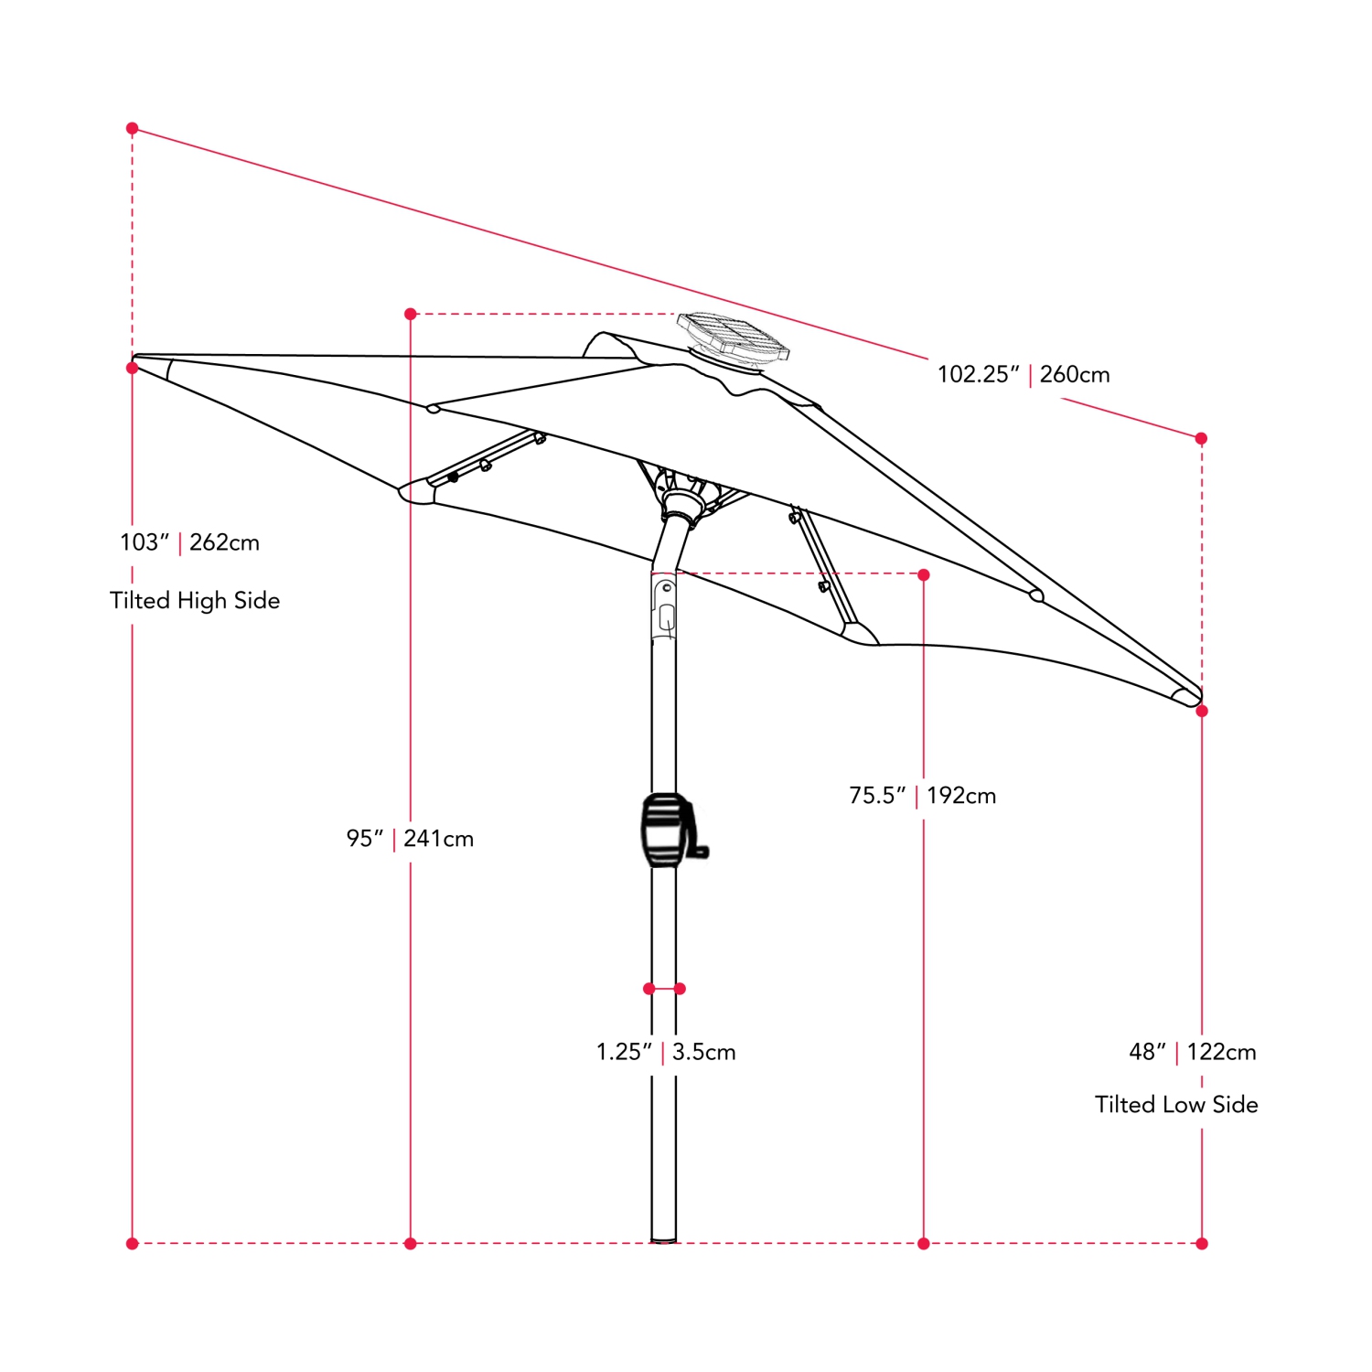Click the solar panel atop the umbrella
click(x=733, y=337)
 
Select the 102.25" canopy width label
click(x=978, y=374)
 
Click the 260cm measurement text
click(x=1075, y=374)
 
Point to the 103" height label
click(x=145, y=542)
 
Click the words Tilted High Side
click(x=195, y=600)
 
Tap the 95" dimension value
click(x=364, y=838)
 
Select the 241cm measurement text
click(x=439, y=838)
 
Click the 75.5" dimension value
click(x=876, y=795)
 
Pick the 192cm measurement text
click(x=961, y=795)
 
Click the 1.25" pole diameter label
click(x=624, y=1052)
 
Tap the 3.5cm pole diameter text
click(x=704, y=1052)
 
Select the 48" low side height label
click(x=1148, y=1052)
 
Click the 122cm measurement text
click(x=1222, y=1052)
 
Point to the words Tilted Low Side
click(x=1176, y=1105)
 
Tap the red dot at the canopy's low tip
click(x=1202, y=711)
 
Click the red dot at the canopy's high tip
click(x=133, y=368)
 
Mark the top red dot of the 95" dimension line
click(x=411, y=314)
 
